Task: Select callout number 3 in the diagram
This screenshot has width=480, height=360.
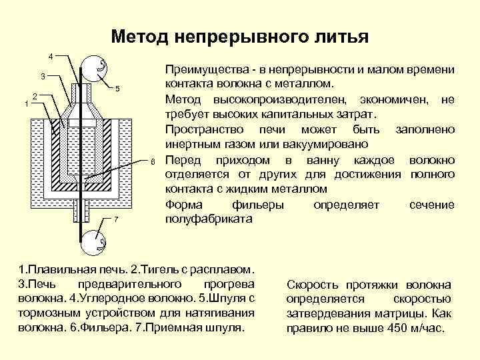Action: click(41, 75)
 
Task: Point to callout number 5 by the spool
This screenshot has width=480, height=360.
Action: click(117, 89)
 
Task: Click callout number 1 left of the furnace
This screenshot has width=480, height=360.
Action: click(25, 103)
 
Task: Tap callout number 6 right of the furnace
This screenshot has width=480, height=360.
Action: click(152, 161)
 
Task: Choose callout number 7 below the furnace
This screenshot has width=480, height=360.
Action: click(116, 219)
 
